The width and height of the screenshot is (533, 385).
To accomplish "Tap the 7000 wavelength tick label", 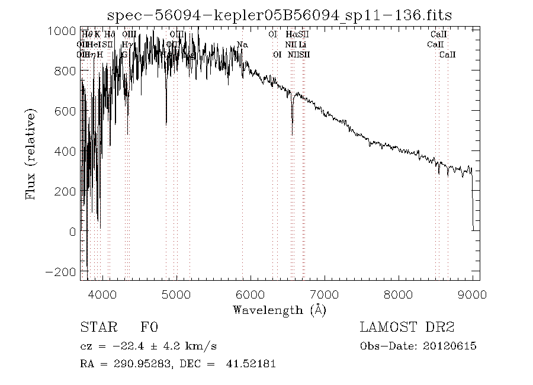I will [x=325, y=293].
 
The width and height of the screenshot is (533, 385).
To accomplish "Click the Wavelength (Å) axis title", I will [x=279, y=310].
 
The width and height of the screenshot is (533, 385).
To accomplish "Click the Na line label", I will [x=242, y=45].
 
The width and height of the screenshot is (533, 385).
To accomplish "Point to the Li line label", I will [x=302, y=45].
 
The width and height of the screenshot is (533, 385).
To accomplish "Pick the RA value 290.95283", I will [x=137, y=364].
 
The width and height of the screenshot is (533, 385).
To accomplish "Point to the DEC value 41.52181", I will [x=251, y=364].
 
